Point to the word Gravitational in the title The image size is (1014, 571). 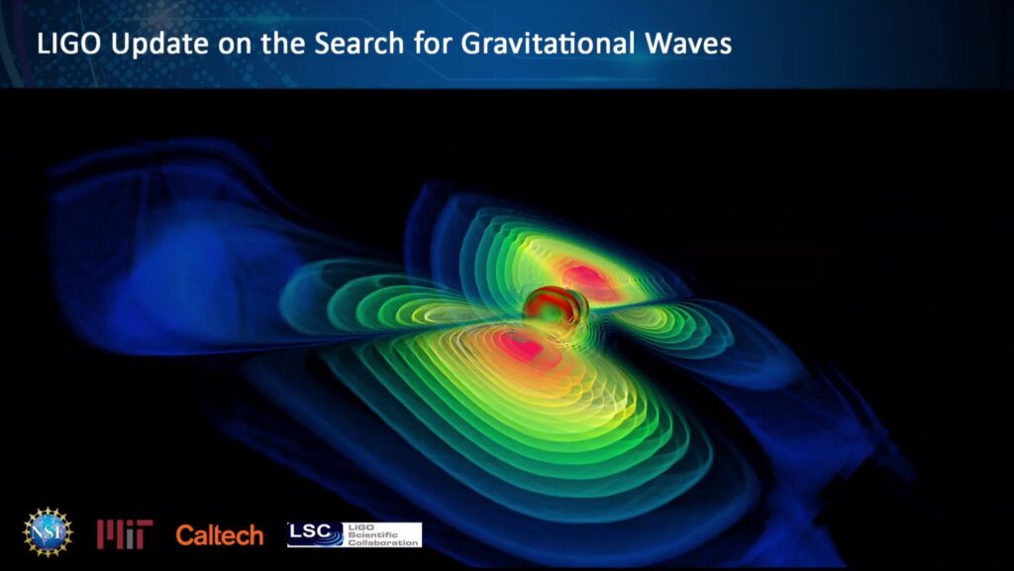pyautogui.click(x=548, y=44)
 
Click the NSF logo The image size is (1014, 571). pyautogui.click(x=48, y=532)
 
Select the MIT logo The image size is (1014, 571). pyautogui.click(x=125, y=534)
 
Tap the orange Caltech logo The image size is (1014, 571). pyautogui.click(x=220, y=535)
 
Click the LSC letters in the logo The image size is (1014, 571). pyautogui.click(x=307, y=531)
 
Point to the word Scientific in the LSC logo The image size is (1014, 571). pyautogui.click(x=373, y=534)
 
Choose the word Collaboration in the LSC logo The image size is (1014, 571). pyautogui.click(x=383, y=542)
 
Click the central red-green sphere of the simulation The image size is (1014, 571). pyautogui.click(x=551, y=305)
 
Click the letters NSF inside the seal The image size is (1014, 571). pyautogui.click(x=48, y=532)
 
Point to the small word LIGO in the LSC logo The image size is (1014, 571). pyautogui.click(x=360, y=527)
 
